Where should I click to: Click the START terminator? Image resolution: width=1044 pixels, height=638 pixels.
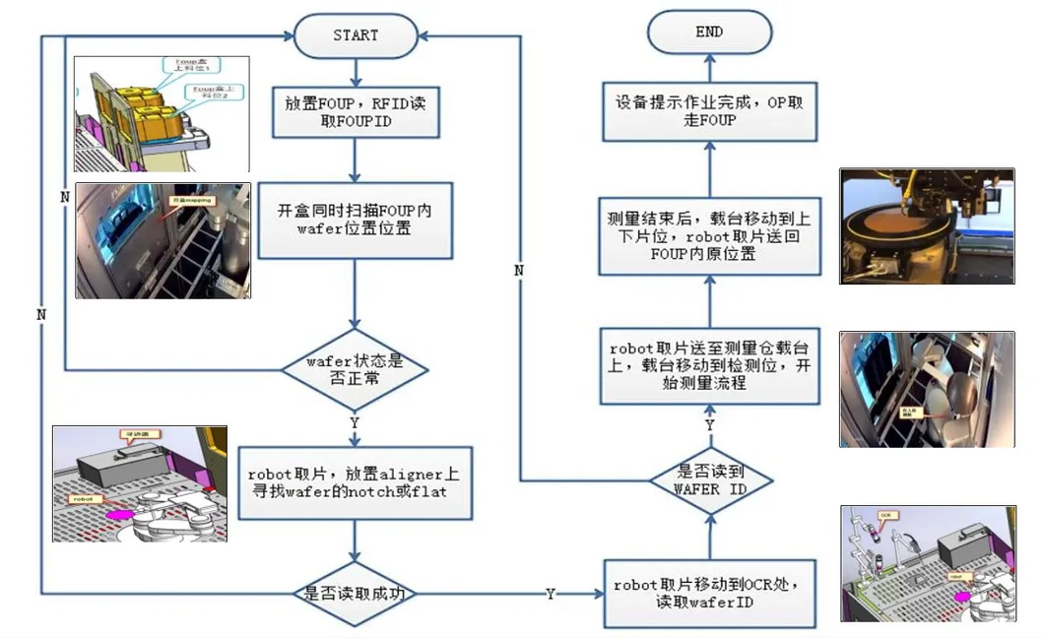356,35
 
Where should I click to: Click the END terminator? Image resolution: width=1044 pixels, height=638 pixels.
709,32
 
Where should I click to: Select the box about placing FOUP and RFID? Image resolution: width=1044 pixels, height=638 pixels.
356,110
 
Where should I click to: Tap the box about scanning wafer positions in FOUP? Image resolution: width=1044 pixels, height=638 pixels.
356,220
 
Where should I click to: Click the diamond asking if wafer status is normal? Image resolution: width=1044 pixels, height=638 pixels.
356,369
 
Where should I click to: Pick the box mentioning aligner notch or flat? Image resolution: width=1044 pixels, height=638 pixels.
356,481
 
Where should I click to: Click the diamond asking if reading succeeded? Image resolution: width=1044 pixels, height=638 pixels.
356,594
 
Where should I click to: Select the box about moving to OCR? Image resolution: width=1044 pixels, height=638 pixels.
709,593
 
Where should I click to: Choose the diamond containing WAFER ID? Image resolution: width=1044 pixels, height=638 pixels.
709,479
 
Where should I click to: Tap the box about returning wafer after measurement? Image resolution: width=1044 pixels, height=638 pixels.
709,233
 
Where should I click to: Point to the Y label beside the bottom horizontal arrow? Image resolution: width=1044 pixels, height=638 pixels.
550,594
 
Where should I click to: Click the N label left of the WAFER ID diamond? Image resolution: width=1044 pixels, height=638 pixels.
518,270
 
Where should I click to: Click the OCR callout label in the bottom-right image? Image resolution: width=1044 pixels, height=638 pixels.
885,515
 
